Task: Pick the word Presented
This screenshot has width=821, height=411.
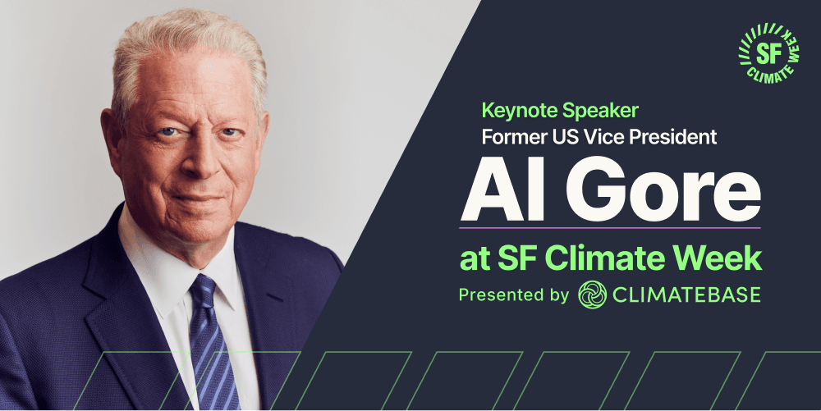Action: pos(502,295)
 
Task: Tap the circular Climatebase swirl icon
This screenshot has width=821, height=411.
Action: pos(593,295)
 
